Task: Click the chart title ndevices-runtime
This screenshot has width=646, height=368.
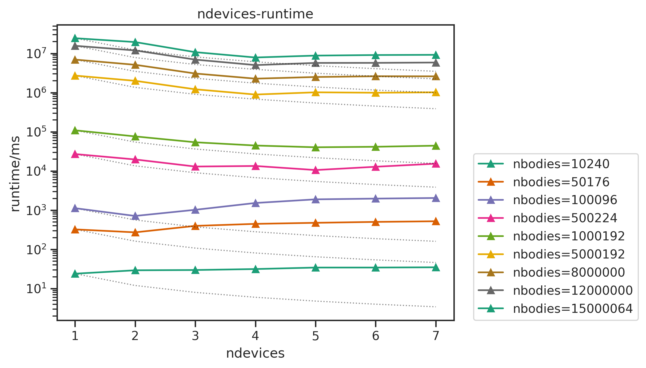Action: (x=255, y=14)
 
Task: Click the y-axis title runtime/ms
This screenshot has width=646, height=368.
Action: (x=15, y=174)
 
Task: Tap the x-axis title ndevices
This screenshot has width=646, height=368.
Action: (x=255, y=353)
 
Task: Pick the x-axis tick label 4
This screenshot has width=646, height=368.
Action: (x=255, y=336)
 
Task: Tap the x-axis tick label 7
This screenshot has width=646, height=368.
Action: (x=436, y=336)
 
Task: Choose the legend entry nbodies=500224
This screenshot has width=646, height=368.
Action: (x=565, y=218)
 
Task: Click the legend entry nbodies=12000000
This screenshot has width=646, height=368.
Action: (x=573, y=290)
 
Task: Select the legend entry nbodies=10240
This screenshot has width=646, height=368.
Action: (x=561, y=164)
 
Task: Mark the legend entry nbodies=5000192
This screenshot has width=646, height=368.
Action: (x=569, y=254)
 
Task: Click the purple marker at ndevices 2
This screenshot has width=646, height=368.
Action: (x=135, y=216)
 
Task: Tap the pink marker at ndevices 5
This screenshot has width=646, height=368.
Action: (x=316, y=170)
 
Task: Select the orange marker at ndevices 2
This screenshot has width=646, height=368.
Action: (x=135, y=232)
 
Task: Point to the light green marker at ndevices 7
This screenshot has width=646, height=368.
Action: (x=436, y=146)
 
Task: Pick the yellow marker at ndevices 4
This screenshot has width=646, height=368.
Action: (x=256, y=95)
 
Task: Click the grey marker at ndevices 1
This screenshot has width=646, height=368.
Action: (x=75, y=46)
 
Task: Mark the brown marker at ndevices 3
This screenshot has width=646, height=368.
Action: (x=195, y=74)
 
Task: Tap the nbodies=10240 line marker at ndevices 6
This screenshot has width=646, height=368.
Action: (x=376, y=268)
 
